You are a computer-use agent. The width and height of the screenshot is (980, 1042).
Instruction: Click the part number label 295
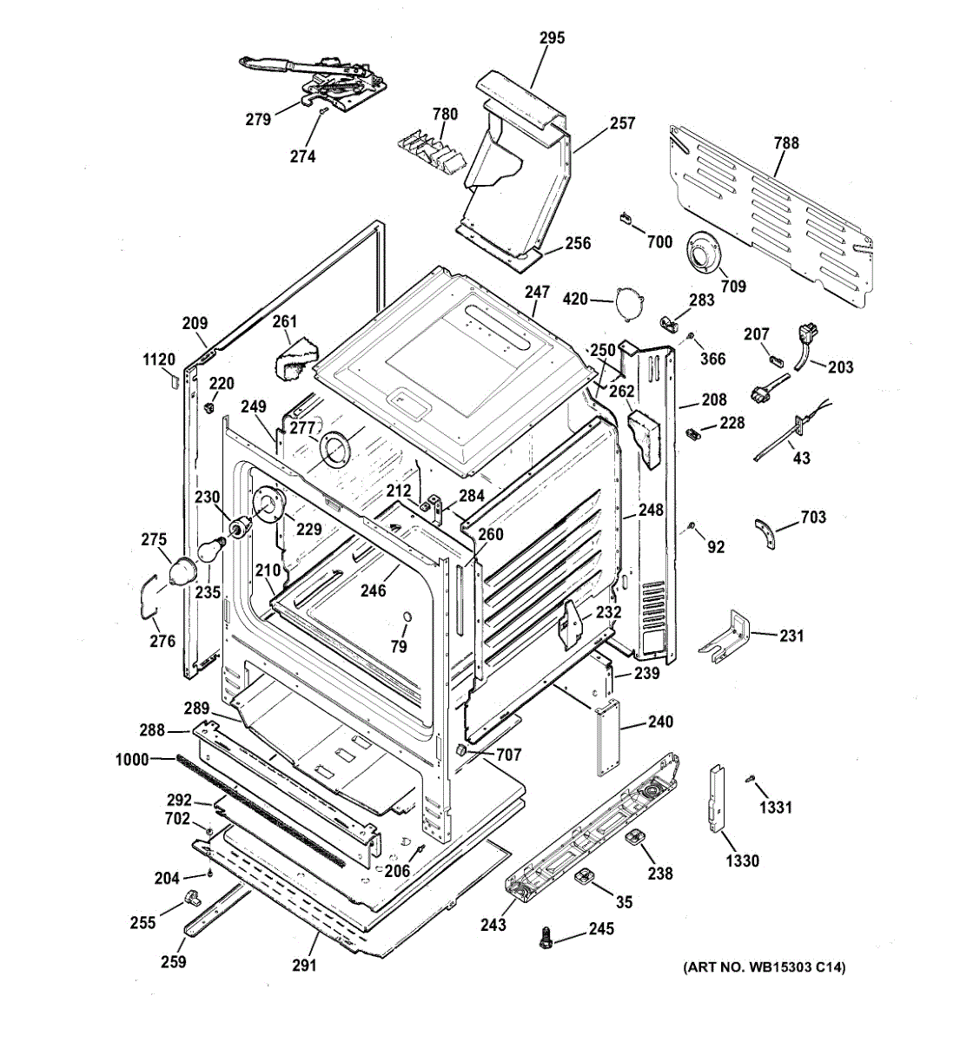pyautogui.click(x=552, y=38)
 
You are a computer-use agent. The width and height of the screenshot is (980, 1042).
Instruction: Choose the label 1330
pyautogui.click(x=743, y=861)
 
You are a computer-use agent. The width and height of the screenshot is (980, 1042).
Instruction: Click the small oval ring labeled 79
pyautogui.click(x=407, y=617)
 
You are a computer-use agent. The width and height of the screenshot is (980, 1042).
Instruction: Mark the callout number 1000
pyautogui.click(x=132, y=759)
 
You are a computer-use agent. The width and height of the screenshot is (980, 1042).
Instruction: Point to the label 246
pyautogui.click(x=373, y=590)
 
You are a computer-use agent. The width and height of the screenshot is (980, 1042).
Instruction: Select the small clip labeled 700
pyautogui.click(x=625, y=217)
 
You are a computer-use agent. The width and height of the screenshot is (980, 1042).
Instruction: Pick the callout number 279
pyautogui.click(x=258, y=120)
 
